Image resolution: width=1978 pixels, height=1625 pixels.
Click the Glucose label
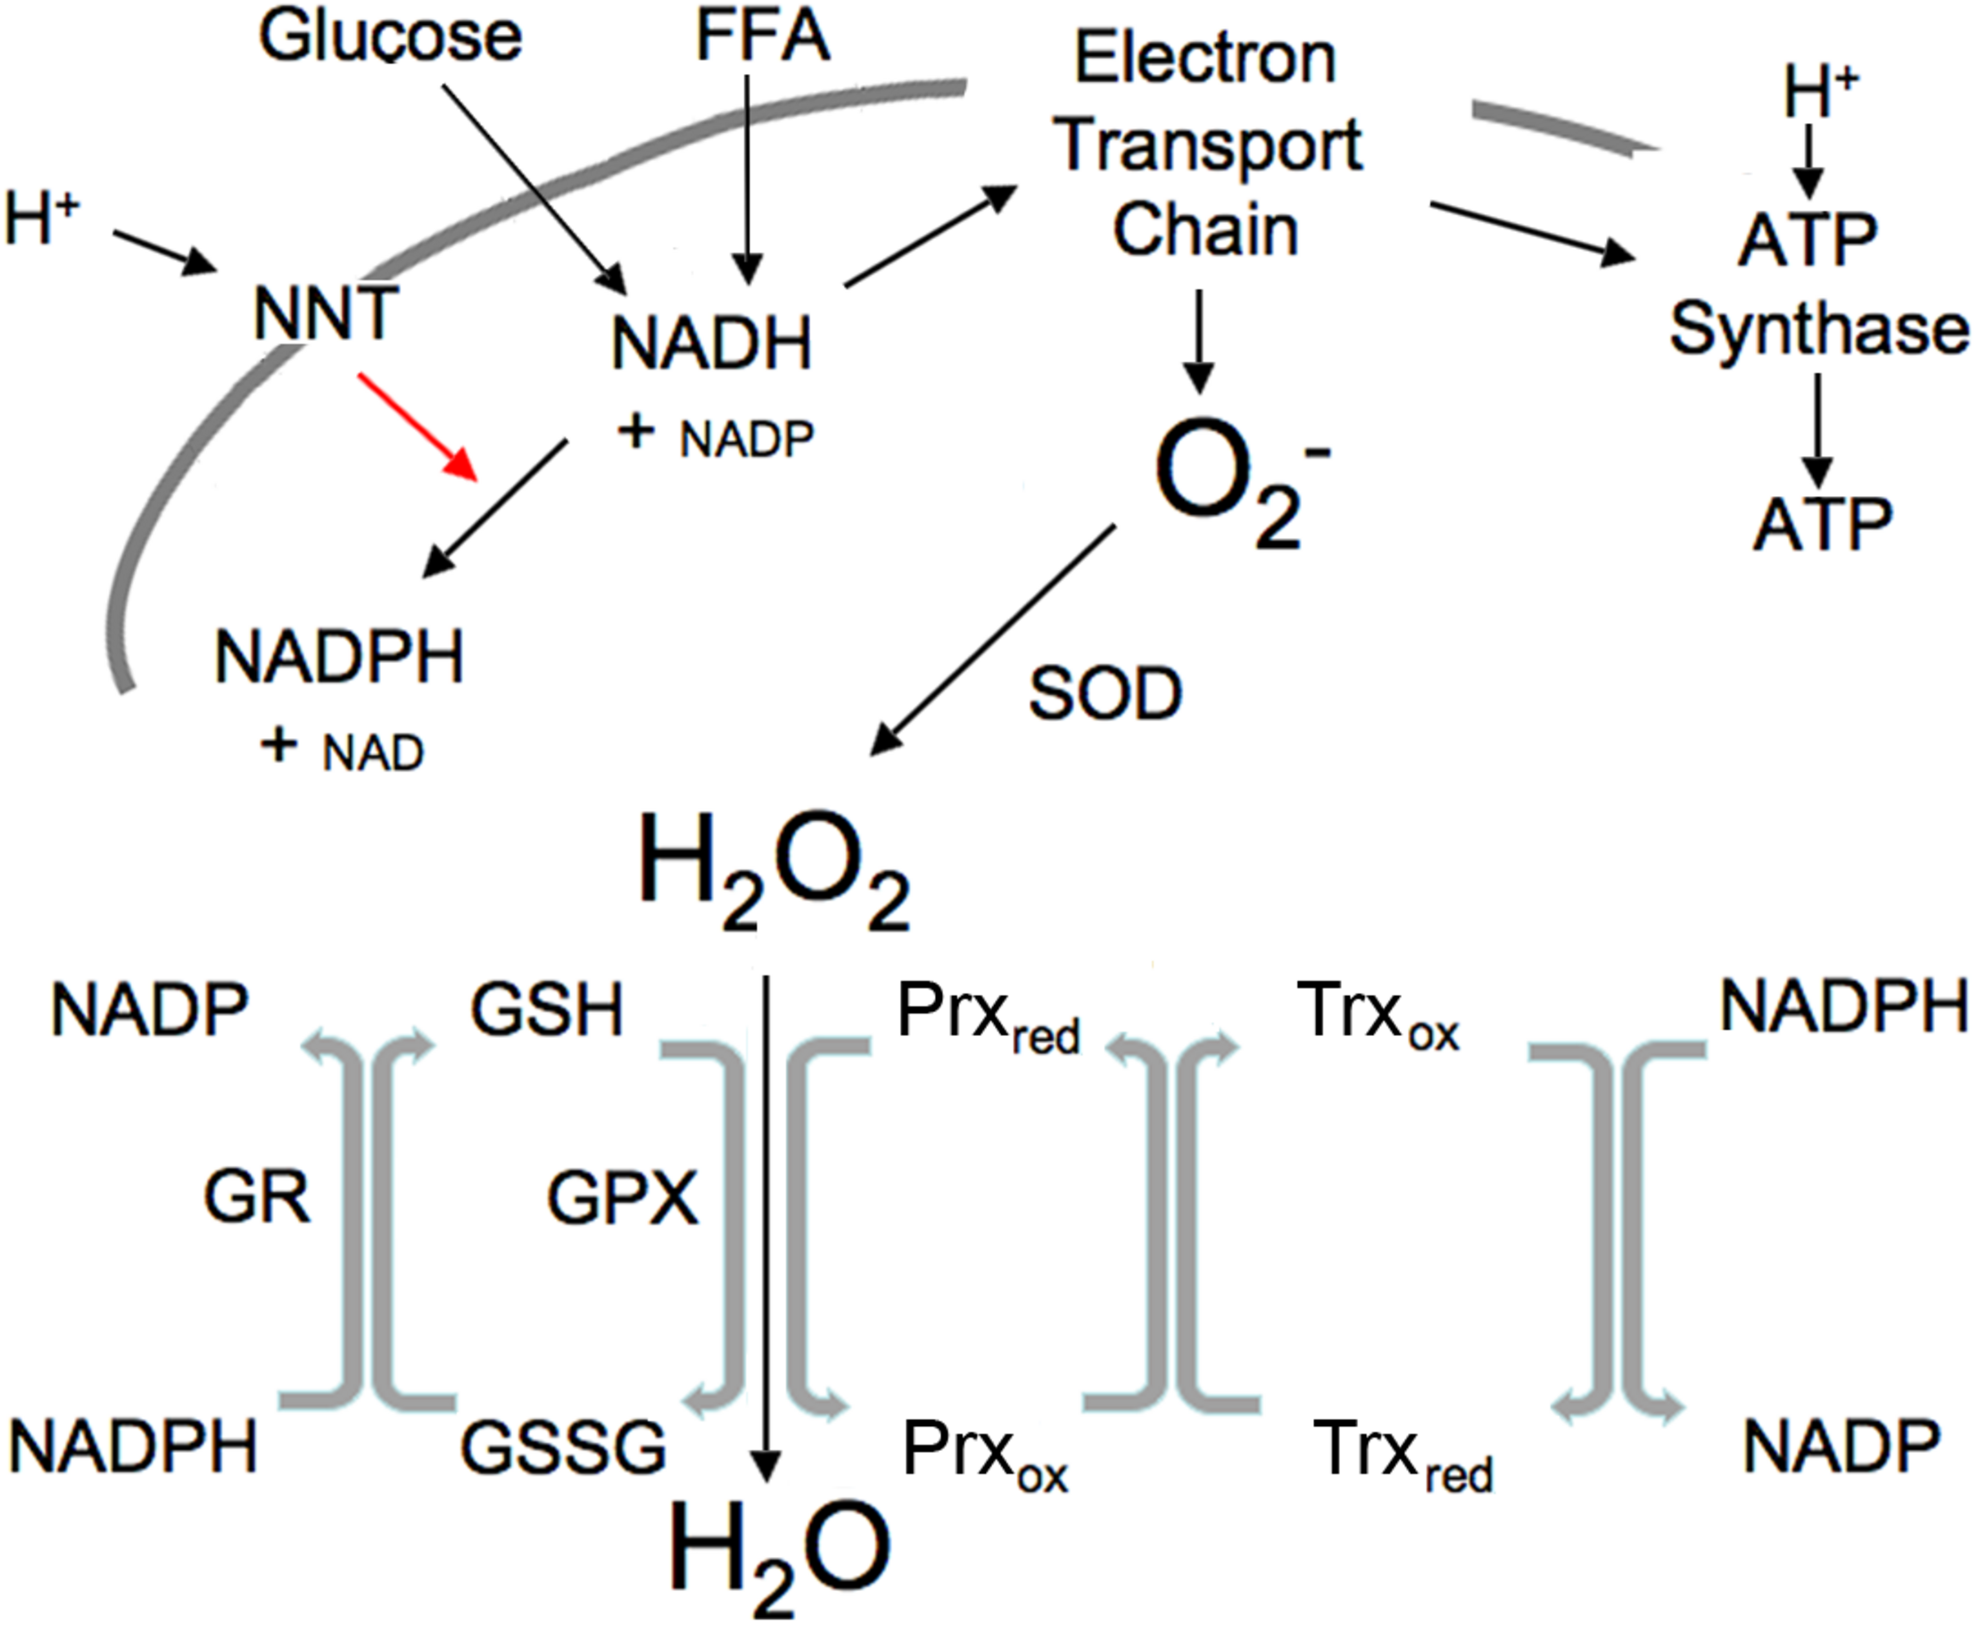coord(390,37)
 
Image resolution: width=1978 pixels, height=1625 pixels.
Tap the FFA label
coord(763,37)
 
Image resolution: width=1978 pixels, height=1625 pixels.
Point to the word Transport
coord(1208,145)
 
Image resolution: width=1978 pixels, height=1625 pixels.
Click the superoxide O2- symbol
coord(1235,482)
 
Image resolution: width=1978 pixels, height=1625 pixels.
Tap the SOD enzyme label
coord(1105,694)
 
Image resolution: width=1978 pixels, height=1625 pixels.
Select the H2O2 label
coord(773,871)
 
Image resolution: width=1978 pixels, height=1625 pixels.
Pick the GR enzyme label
coord(256,1198)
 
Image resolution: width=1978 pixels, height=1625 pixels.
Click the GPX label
coord(622,1198)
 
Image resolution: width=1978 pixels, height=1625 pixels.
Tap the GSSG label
coord(563,1447)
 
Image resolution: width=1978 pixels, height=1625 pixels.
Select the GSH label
coord(546,1011)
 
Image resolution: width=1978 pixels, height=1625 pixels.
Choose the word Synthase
coord(1818,329)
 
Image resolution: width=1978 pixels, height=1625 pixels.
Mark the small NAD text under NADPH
coord(372,753)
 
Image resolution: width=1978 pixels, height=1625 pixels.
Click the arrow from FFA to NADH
coord(747,178)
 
